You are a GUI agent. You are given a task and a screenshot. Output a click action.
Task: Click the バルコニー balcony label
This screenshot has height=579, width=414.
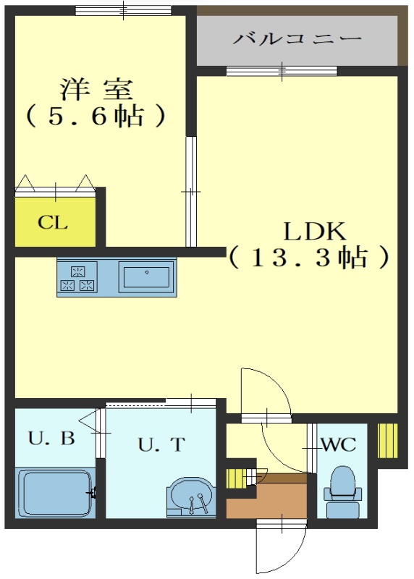tap(297, 38)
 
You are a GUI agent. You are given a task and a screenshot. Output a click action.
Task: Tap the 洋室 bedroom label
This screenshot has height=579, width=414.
tap(96, 89)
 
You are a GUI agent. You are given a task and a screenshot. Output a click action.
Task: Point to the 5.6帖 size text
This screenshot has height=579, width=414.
tap(96, 116)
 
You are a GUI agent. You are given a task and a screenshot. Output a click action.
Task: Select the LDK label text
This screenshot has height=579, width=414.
tap(315, 232)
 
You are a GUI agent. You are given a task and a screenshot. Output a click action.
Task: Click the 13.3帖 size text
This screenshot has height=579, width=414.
tap(310, 257)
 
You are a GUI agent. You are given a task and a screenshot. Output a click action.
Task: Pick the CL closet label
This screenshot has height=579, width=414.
tap(53, 222)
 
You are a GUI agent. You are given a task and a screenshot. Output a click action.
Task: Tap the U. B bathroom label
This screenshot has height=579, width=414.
tap(51, 439)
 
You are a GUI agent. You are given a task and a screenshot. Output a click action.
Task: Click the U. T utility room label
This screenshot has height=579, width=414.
tap(161, 444)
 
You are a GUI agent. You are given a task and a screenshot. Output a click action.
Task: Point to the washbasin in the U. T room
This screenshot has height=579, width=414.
tap(190, 496)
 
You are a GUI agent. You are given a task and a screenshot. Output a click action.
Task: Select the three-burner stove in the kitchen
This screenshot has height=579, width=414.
tap(77, 278)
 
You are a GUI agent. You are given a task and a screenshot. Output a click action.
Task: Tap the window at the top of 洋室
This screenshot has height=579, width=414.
tap(123, 10)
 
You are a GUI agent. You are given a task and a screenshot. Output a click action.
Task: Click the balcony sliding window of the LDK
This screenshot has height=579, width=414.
tap(282, 70)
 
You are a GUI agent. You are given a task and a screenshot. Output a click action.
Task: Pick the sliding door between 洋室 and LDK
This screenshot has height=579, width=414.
tap(191, 192)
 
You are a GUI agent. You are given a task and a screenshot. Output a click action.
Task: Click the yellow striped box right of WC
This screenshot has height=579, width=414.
tap(388, 441)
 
